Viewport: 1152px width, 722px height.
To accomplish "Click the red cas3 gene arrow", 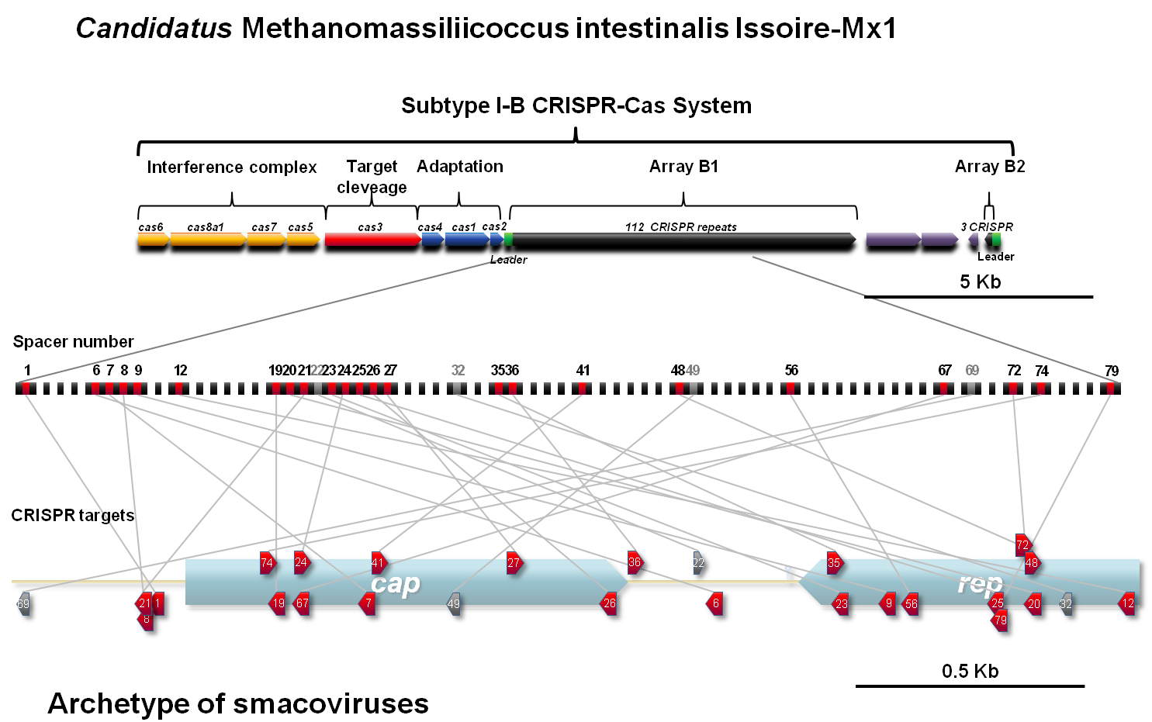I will (372, 240).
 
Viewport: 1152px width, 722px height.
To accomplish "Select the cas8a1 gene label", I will (206, 227).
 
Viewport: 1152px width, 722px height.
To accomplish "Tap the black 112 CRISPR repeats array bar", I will (683, 244).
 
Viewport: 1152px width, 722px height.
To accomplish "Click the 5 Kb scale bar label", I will (980, 282).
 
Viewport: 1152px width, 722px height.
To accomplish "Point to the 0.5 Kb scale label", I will (970, 672).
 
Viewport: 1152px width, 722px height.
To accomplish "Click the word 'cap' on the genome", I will (396, 583).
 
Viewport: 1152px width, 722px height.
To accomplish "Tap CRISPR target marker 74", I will (268, 563).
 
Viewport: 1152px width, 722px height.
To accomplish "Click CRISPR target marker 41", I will (377, 563).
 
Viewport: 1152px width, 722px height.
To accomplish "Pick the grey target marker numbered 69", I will (23, 604).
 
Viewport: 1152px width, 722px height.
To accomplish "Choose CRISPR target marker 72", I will (1022, 544).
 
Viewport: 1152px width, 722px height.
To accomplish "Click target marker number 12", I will (1128, 603).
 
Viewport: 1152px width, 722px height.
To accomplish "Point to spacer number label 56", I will (791, 371).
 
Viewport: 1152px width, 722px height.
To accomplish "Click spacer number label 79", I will (1112, 371).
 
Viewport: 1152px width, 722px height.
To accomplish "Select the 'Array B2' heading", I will (989, 167).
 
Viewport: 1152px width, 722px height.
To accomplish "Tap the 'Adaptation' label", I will (459, 167).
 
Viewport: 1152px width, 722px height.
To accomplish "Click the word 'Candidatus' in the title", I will (154, 29).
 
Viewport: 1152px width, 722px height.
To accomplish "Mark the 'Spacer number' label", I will (73, 342).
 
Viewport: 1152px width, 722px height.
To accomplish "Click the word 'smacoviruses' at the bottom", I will (330, 703).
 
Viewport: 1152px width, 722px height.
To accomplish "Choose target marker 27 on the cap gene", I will (514, 563).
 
